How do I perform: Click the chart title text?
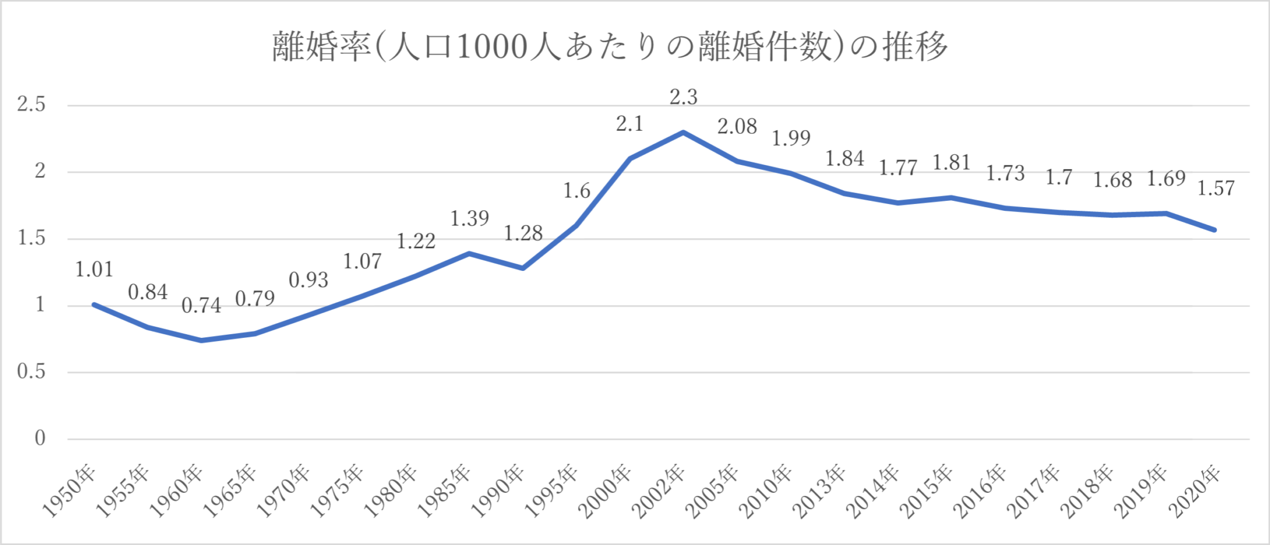(610, 47)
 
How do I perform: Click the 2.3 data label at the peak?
(683, 97)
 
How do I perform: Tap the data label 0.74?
(201, 306)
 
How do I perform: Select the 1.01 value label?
(94, 270)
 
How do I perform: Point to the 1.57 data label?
(1215, 188)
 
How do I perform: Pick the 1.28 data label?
(523, 234)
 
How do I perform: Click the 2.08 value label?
(737, 127)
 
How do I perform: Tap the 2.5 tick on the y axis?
(32, 105)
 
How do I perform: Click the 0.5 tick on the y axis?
(32, 372)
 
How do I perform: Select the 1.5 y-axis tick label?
(32, 239)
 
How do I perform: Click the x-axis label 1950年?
(69, 491)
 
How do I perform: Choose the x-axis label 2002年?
(659, 491)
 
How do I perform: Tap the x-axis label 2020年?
(1194, 491)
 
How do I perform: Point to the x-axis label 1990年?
(498, 491)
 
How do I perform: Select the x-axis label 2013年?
(819, 491)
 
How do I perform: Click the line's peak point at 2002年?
(683, 132)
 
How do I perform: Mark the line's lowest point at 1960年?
(202, 340)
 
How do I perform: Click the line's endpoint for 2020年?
(1214, 230)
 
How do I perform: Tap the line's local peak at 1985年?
(469, 254)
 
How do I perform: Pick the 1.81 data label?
(951, 163)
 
